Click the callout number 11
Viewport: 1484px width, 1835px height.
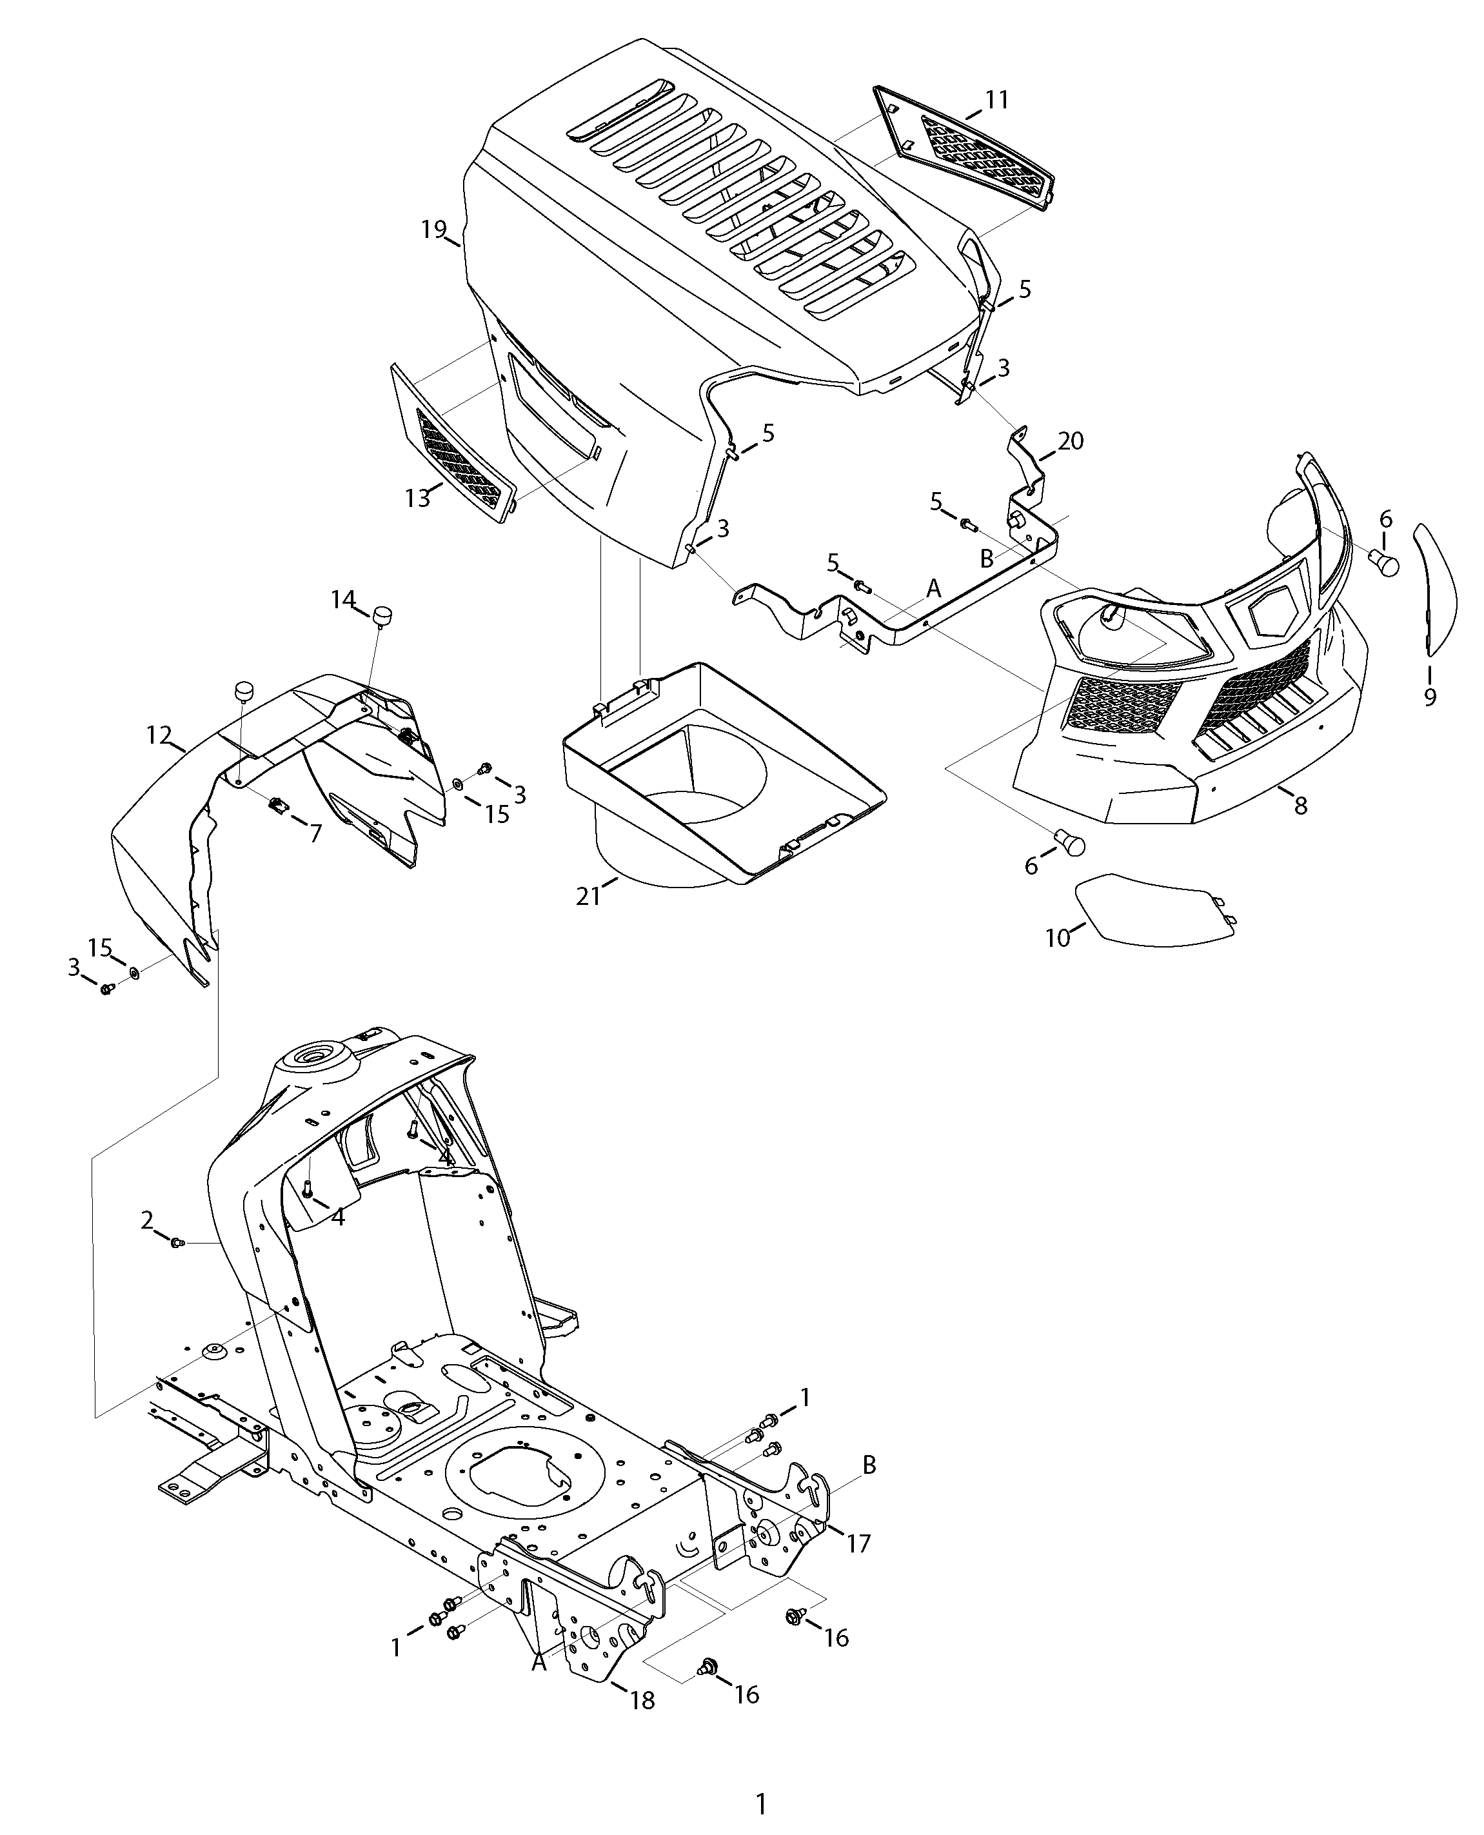pyautogui.click(x=996, y=100)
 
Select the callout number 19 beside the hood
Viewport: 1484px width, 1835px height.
pyautogui.click(x=433, y=229)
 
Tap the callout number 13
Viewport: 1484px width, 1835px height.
pyautogui.click(x=418, y=499)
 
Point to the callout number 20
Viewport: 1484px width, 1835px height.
pyautogui.click(x=1070, y=441)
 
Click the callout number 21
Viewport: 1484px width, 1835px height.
pyautogui.click(x=588, y=897)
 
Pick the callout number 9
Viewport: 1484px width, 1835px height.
pyautogui.click(x=1430, y=697)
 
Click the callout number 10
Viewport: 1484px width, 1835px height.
pyautogui.click(x=1058, y=938)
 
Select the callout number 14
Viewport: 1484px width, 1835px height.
pyautogui.click(x=343, y=600)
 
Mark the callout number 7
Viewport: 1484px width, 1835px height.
pyautogui.click(x=315, y=833)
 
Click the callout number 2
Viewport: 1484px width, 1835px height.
pyautogui.click(x=147, y=1220)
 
